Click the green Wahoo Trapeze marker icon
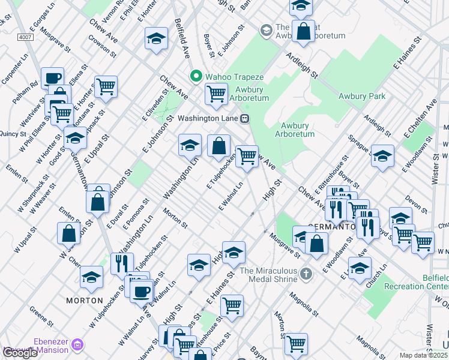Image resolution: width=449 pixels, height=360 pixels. coord(195,76)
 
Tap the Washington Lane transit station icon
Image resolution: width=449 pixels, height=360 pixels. coord(245,119)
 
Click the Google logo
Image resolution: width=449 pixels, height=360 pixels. coord(20,353)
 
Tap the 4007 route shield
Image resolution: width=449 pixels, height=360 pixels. coord(25,37)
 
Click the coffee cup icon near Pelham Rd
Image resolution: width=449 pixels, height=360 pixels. coord(53,77)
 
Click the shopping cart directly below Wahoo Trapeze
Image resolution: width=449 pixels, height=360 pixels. coord(216,93)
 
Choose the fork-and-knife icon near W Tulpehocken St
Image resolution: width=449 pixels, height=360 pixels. coord(122,262)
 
